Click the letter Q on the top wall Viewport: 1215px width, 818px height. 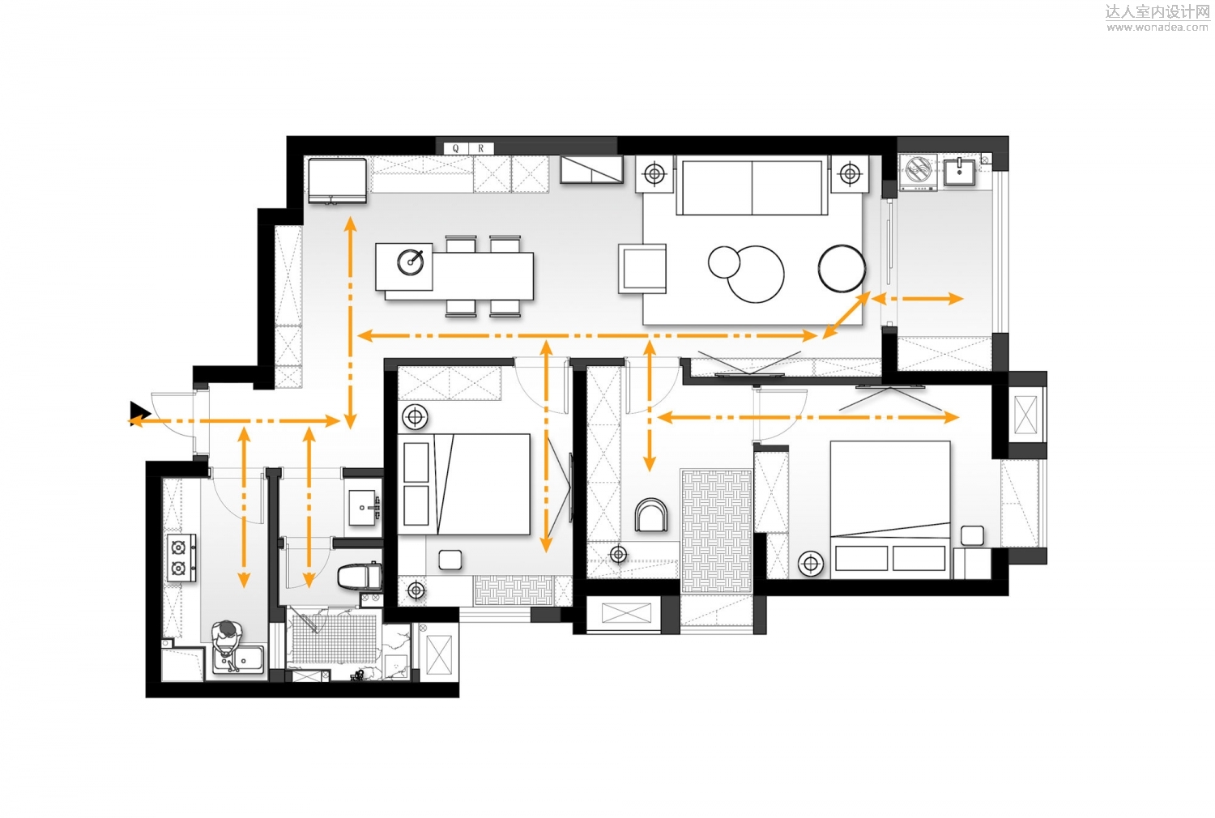pyautogui.click(x=455, y=148)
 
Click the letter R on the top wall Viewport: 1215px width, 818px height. pyautogui.click(x=480, y=148)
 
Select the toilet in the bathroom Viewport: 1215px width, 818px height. pyautogui.click(x=359, y=576)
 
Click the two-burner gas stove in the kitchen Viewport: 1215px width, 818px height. pyautogui.click(x=181, y=558)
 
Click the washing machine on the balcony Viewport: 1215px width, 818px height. pyautogui.click(x=918, y=172)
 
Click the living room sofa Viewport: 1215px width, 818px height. pyautogui.click(x=752, y=186)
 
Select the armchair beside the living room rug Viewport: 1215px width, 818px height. pyautogui.click(x=643, y=269)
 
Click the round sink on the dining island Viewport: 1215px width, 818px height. pyautogui.click(x=411, y=262)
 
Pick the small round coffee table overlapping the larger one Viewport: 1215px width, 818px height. pyautogui.click(x=724, y=262)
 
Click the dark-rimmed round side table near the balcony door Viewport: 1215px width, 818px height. pyautogui.click(x=842, y=269)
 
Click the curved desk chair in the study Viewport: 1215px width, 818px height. pyautogui.click(x=651, y=514)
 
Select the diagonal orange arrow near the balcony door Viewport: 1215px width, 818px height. pyautogui.click(x=846, y=315)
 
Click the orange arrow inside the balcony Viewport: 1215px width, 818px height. pyautogui.click(x=917, y=298)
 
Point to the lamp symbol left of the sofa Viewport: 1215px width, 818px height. pyautogui.click(x=654, y=174)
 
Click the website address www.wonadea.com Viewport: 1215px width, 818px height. pyautogui.click(x=1157, y=27)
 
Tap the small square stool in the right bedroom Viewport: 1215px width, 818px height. pyautogui.click(x=972, y=535)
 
